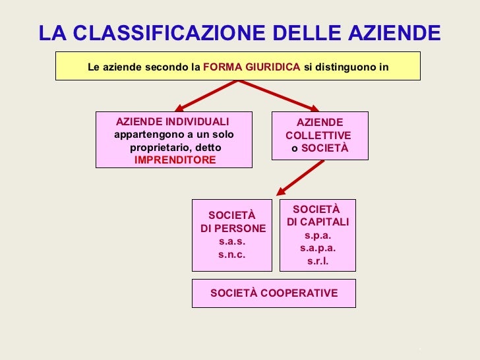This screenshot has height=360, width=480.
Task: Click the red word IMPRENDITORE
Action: tap(175, 160)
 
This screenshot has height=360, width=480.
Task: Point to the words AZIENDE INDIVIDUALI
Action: tap(173, 123)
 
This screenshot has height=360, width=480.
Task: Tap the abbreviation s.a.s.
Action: tap(231, 241)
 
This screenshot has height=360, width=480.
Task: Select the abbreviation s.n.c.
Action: tap(231, 254)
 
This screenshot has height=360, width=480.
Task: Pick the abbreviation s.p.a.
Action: tap(318, 235)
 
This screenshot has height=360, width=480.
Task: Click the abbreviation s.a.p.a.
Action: tap(318, 248)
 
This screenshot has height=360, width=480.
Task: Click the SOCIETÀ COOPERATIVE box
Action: tap(274, 293)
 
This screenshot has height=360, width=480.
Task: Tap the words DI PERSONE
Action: tap(233, 229)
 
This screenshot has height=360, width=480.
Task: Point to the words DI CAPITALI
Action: tap(318, 222)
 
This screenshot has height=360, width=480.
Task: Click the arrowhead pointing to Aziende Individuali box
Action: tap(179, 107)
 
